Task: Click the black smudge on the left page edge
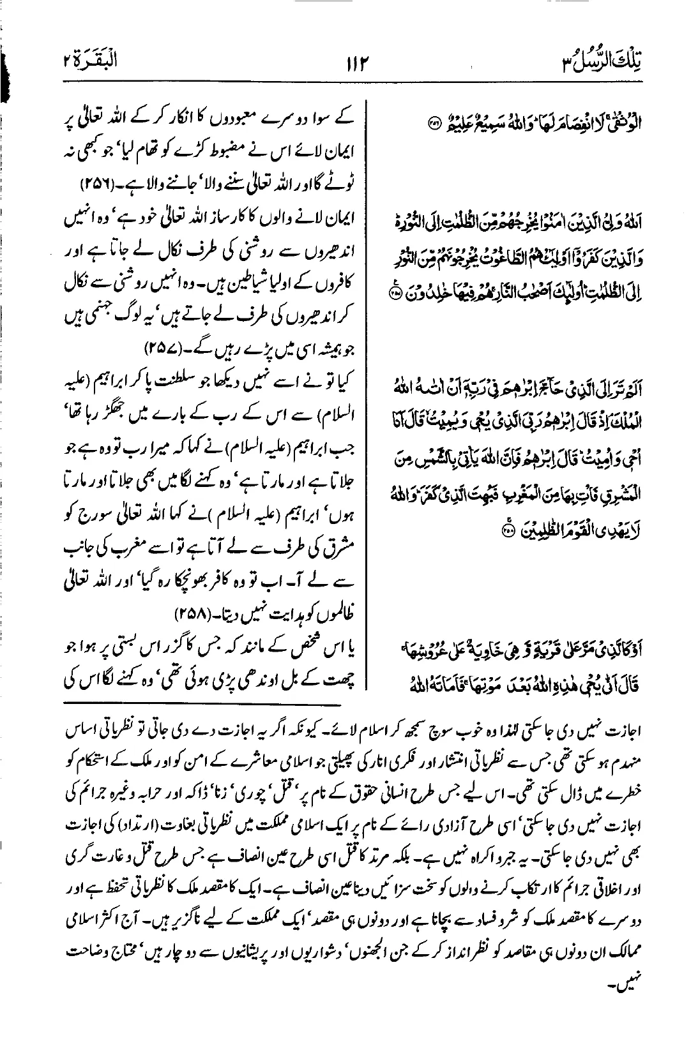(8, 77)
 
